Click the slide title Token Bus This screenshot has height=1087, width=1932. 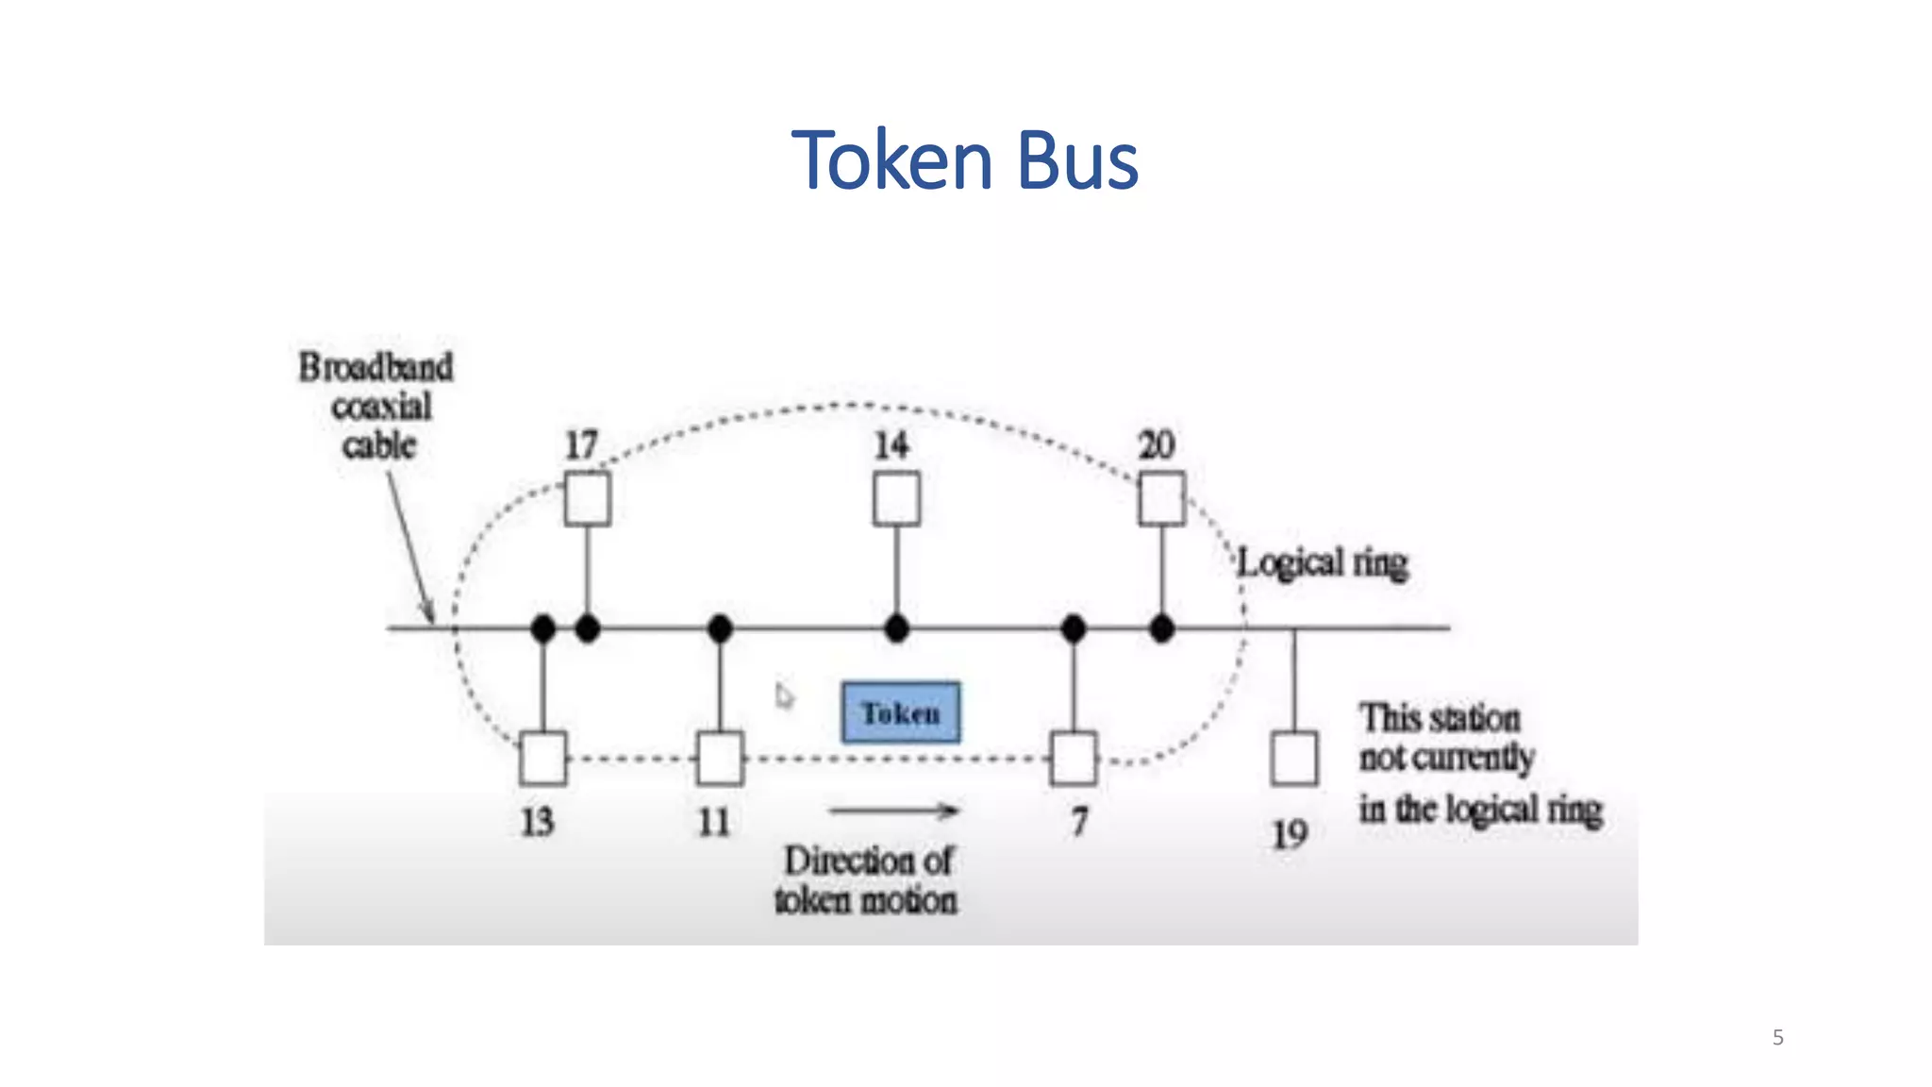(x=964, y=160)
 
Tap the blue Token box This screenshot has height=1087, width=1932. (x=901, y=712)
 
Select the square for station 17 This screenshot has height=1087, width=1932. (x=587, y=499)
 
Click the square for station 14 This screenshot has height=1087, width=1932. (x=896, y=499)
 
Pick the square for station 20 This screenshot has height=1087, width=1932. (x=1161, y=499)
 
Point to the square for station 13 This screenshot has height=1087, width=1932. (x=543, y=759)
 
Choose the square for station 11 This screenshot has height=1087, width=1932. (x=720, y=759)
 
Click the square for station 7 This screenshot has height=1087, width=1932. (x=1074, y=759)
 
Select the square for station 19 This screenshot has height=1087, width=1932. (x=1293, y=759)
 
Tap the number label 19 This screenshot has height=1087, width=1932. (x=1290, y=834)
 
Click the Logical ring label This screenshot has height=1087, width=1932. (x=1323, y=563)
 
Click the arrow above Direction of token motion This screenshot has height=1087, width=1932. (x=893, y=811)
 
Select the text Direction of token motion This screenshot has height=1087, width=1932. (x=866, y=880)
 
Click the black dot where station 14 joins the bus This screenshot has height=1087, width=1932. (x=896, y=627)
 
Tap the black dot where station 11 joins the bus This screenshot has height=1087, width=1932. (x=720, y=627)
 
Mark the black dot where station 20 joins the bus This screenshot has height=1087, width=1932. (x=1161, y=627)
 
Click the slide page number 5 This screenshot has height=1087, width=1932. (x=1777, y=1038)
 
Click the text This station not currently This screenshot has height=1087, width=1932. (x=1445, y=738)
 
